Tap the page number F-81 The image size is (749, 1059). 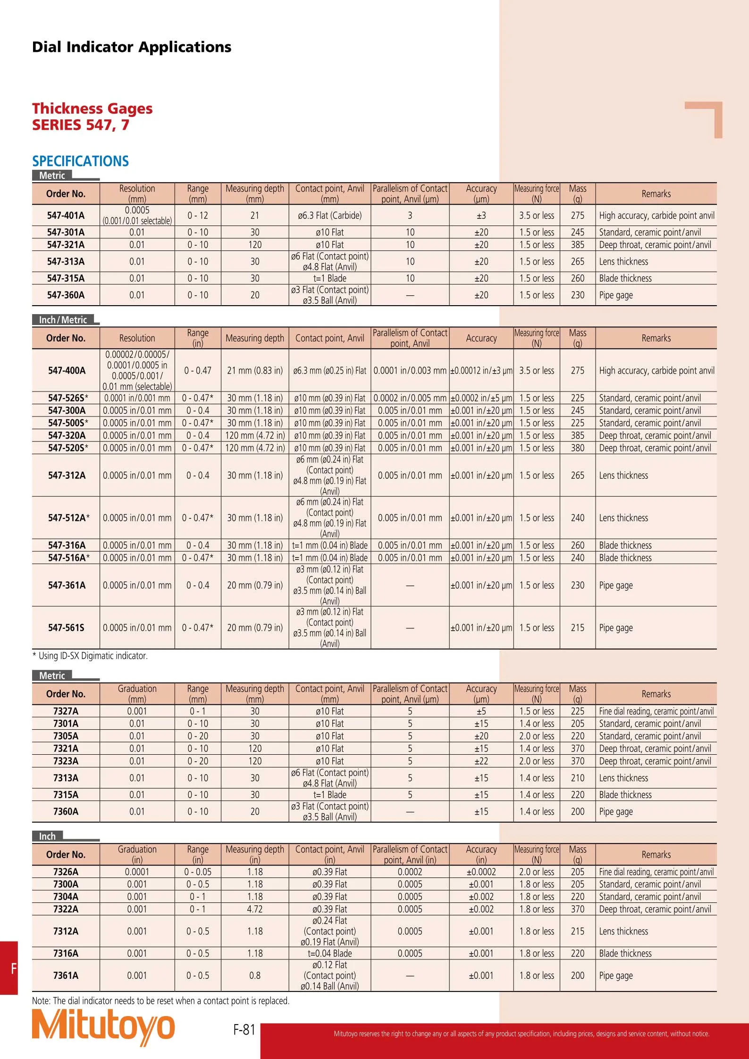[x=244, y=1029]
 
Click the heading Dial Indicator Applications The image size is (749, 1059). [x=132, y=47]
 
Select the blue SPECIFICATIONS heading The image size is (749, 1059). [x=80, y=161]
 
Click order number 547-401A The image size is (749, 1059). [x=66, y=216]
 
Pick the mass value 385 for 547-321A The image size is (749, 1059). [x=577, y=245]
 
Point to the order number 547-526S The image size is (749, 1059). [x=67, y=398]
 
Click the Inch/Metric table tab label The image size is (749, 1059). [x=63, y=320]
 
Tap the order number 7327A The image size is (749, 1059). [x=66, y=711]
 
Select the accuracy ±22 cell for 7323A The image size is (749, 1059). [x=481, y=761]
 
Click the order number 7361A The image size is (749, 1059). [x=66, y=976]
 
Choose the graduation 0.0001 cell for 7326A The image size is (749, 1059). [x=137, y=872]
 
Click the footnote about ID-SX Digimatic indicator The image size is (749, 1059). [x=90, y=656]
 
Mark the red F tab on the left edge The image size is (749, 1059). [x=9, y=968]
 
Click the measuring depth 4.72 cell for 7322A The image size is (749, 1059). [x=255, y=909]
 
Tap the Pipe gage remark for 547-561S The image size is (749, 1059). [x=615, y=628]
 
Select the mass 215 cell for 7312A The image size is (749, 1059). [x=577, y=932]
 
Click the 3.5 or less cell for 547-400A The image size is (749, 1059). [x=537, y=371]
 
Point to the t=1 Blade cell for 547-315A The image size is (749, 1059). [x=330, y=278]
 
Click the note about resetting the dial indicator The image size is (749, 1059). [x=160, y=1001]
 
